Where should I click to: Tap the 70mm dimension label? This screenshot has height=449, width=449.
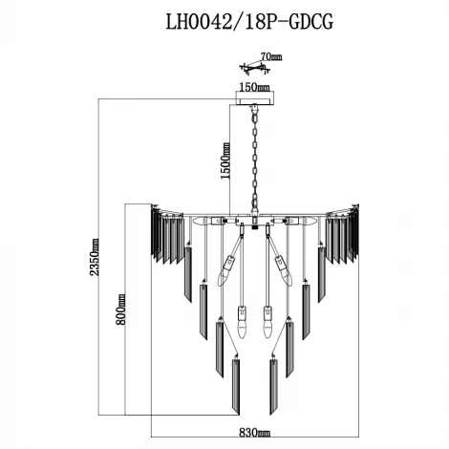pos(270,58)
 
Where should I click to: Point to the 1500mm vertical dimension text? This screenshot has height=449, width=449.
pos(226,160)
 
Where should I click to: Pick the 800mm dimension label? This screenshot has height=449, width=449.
pos(121,310)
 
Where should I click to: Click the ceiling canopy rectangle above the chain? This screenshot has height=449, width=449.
pos(254,98)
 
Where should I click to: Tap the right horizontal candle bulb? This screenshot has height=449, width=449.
pos(303,221)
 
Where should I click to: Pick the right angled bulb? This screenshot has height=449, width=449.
pos(283,270)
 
